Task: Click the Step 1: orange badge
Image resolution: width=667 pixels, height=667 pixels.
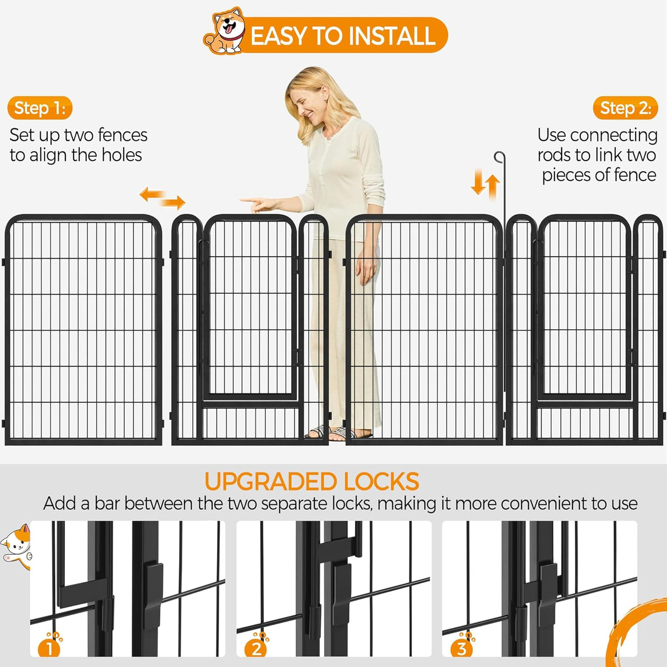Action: click(x=40, y=108)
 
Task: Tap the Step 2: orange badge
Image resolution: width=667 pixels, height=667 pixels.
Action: click(x=625, y=108)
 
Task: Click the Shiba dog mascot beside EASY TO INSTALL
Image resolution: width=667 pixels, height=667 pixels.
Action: click(x=225, y=31)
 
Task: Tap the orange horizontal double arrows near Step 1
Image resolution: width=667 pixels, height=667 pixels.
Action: click(x=162, y=198)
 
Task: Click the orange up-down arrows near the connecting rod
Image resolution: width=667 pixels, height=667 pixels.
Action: click(x=485, y=184)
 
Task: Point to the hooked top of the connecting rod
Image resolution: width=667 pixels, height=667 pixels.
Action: click(x=499, y=158)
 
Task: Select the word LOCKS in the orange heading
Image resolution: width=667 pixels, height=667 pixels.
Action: click(x=381, y=482)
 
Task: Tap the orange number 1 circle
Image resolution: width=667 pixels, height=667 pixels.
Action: click(x=49, y=648)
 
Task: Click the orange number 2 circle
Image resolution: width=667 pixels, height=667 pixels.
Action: click(x=256, y=648)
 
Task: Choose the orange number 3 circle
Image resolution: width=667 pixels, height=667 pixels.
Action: click(x=462, y=648)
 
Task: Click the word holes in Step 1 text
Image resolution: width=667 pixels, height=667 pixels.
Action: click(x=121, y=155)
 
